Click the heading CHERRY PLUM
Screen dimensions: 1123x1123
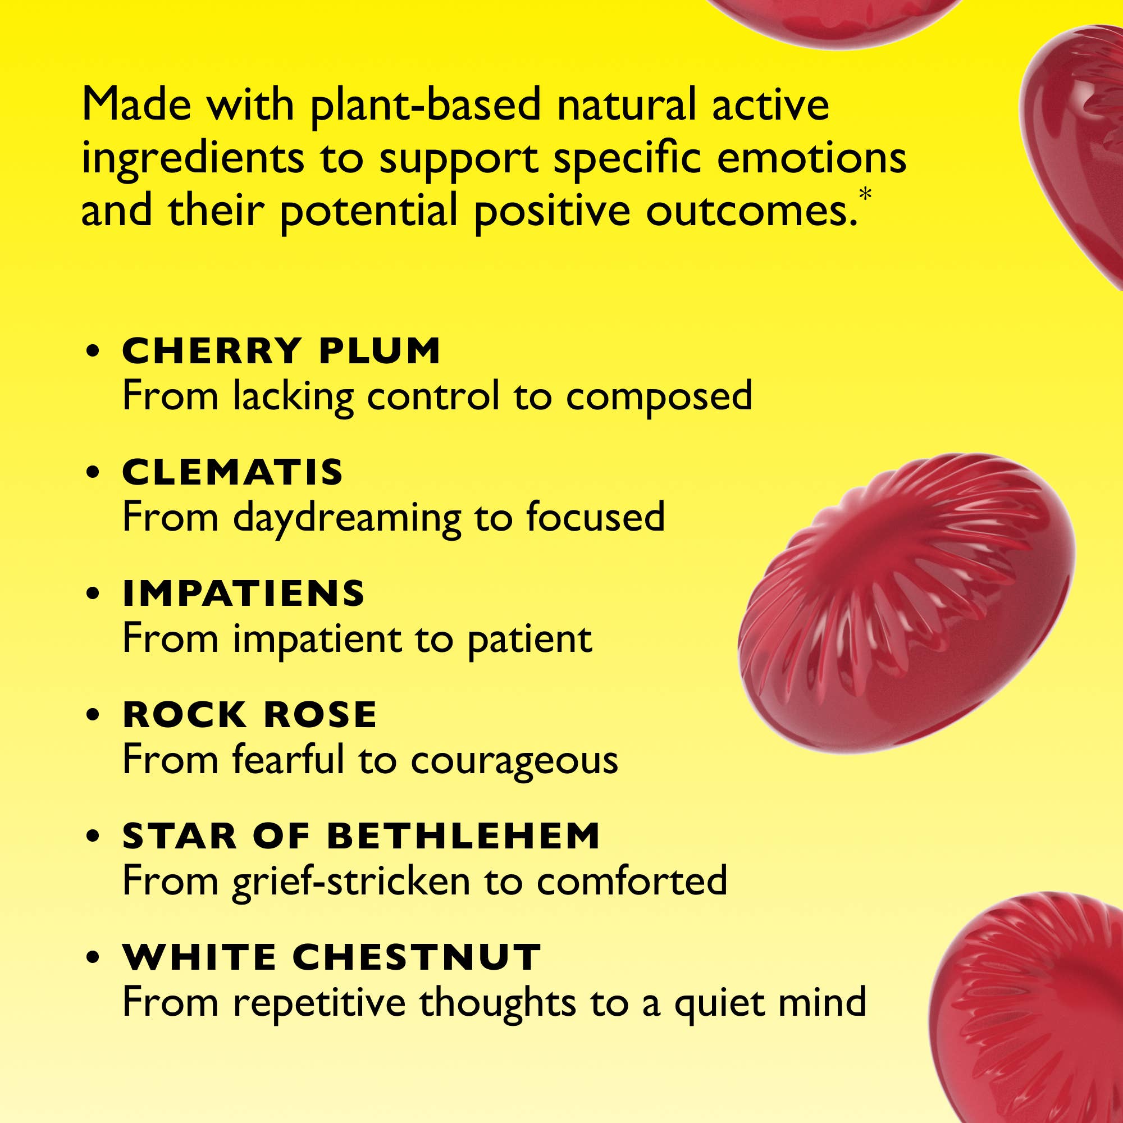281,351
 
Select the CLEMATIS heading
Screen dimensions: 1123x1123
232,472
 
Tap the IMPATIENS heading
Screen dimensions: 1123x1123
244,594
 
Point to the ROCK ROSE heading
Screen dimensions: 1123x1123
250,714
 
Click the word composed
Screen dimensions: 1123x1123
659,398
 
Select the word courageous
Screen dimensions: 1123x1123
514,761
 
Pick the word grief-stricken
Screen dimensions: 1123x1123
351,882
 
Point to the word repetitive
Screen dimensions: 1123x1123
319,1004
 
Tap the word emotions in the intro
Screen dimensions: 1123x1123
811,159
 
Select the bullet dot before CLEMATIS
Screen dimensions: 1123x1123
93,472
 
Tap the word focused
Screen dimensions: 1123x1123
595,517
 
